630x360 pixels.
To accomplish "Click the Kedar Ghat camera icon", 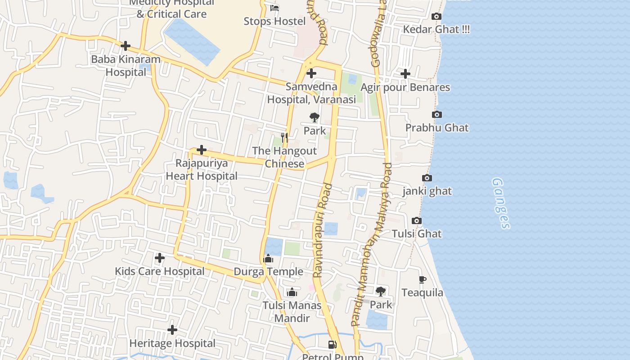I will click(x=436, y=17).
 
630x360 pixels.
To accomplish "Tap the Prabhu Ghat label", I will click(x=436, y=128).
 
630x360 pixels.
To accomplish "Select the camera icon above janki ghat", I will click(x=427, y=178).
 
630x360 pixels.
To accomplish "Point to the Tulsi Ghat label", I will click(x=416, y=234).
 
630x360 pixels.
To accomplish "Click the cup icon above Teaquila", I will click(x=422, y=280).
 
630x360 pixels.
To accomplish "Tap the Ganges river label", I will click(x=501, y=203).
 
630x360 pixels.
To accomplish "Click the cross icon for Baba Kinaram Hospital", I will click(x=126, y=46).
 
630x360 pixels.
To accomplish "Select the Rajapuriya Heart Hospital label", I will click(x=202, y=170).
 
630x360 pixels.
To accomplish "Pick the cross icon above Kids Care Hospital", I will click(x=159, y=258).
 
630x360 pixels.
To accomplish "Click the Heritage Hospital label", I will click(x=172, y=343).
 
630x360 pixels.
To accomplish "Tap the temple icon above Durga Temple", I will click(x=268, y=258).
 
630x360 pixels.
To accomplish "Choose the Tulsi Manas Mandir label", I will click(x=292, y=312).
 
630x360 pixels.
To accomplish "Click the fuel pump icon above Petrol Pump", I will click(x=332, y=345).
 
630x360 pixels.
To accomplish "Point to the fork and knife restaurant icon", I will click(x=284, y=137).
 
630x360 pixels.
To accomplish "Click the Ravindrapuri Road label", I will click(x=323, y=230).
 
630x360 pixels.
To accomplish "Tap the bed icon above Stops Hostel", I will click(x=274, y=8).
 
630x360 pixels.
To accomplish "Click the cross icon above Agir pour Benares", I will click(x=405, y=74).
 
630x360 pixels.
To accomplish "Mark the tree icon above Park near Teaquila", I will click(x=381, y=292).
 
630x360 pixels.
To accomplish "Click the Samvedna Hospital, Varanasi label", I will click(x=311, y=93).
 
